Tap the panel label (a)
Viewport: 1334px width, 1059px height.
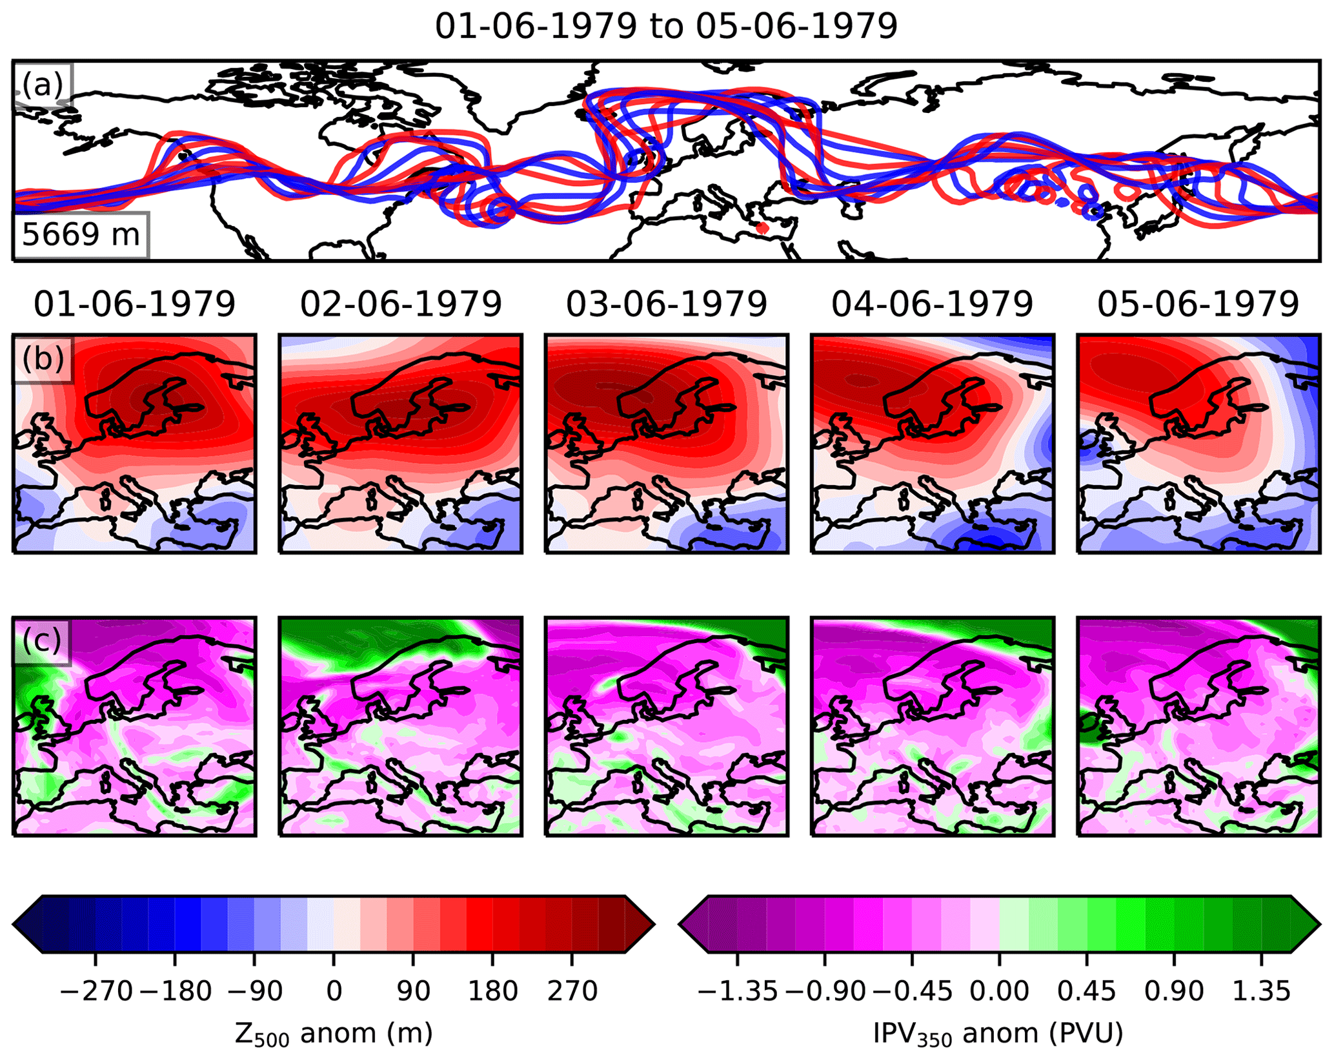[x=43, y=84]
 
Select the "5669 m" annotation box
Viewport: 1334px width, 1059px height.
[x=81, y=234]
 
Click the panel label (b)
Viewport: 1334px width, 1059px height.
[x=43, y=358]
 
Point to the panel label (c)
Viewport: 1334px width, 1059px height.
[x=42, y=641]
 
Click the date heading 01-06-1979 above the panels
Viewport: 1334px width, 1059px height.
[x=134, y=304]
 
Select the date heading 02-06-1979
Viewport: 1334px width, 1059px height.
[x=401, y=304]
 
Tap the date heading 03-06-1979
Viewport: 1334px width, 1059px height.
[x=667, y=304]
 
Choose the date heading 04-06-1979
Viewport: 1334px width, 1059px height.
[x=932, y=304]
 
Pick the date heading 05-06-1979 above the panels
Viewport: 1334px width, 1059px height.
[x=1198, y=304]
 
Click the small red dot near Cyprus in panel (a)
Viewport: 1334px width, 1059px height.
[x=762, y=227]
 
